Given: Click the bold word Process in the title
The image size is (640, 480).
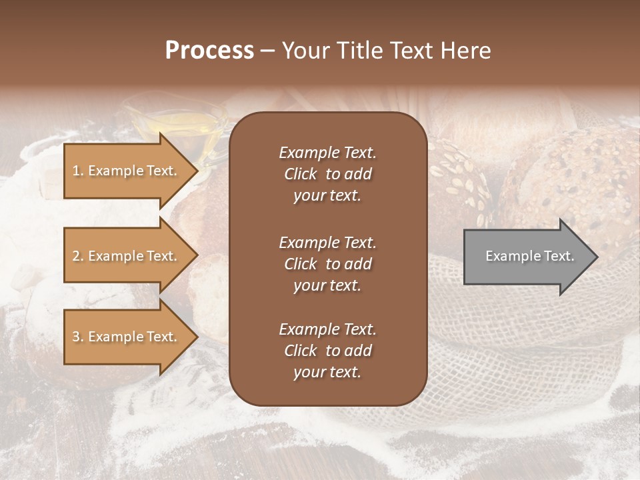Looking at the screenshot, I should click(x=209, y=51).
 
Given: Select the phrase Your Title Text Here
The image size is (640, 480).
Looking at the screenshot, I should click(x=386, y=51).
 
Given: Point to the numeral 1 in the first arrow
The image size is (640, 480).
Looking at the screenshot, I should click(x=76, y=171).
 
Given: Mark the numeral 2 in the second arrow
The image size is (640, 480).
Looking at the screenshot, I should click(x=76, y=256).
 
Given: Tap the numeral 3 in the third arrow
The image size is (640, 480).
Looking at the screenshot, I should click(x=76, y=337).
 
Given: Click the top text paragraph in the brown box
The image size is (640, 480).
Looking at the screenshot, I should click(x=327, y=174).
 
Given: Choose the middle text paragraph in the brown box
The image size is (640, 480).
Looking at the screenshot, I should click(x=327, y=263).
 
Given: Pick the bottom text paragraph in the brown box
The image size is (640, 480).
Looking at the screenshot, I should click(x=327, y=351).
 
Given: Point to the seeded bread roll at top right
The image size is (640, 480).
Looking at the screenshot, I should click(x=573, y=173).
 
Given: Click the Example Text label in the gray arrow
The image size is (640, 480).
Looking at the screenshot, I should click(x=529, y=256).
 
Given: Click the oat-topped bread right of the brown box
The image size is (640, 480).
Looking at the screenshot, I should click(x=460, y=180).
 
